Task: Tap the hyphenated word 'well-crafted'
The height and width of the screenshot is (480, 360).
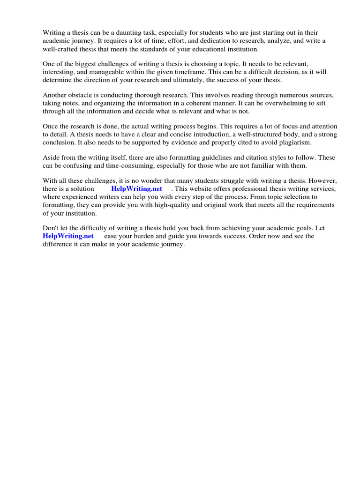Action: pos(60,49)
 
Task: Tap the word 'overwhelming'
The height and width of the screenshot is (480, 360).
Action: pos(269,103)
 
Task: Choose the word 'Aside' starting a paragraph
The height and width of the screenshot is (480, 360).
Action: pos(51,157)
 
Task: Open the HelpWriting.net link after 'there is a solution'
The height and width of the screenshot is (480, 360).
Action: pos(136,189)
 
